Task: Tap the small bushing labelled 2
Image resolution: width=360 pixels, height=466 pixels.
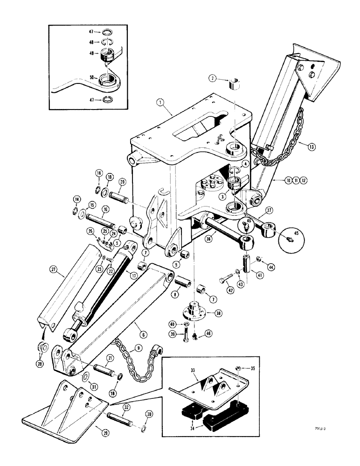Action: click(x=235, y=85)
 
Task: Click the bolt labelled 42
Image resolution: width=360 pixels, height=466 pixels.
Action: click(x=226, y=281)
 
